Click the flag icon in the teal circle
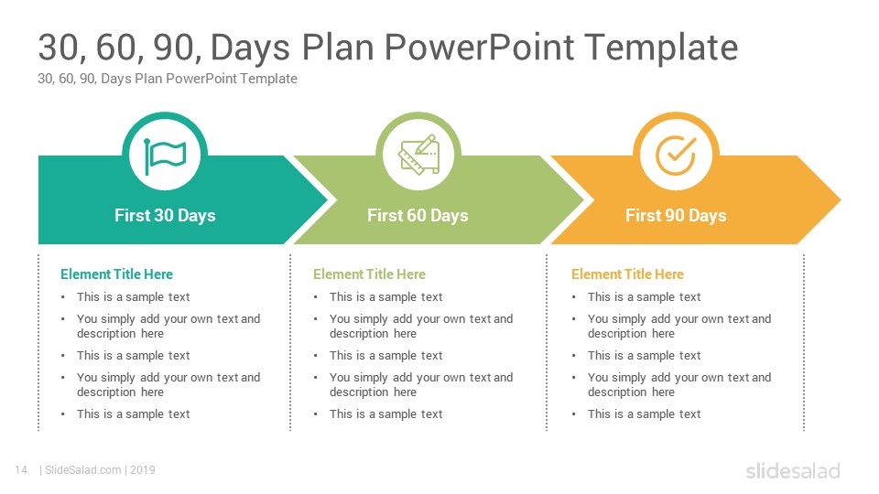point(165,156)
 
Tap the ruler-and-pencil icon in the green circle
point(418,155)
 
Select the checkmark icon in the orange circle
point(676,156)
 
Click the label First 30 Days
point(165,216)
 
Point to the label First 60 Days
point(418,216)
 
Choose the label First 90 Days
point(676,216)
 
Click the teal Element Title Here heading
point(116,274)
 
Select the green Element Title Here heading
point(369,274)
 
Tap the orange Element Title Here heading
point(627,274)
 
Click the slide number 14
point(21,470)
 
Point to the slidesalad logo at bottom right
point(793,470)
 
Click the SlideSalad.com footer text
point(83,470)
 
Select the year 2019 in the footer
point(143,470)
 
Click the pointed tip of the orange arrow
point(841,199)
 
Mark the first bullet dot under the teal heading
point(63,297)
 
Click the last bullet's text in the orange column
point(644,413)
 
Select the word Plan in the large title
point(338,47)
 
